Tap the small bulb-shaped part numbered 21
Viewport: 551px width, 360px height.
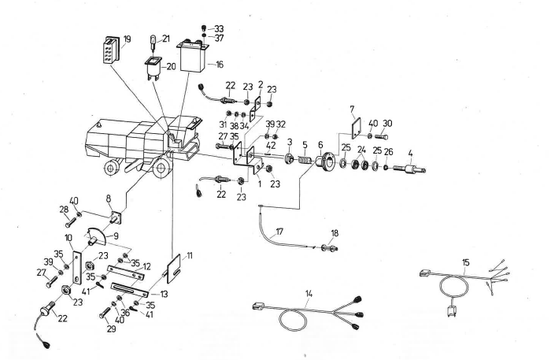coord(154,41)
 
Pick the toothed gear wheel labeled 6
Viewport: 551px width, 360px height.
coord(324,163)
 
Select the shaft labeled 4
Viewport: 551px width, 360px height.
coord(409,169)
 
